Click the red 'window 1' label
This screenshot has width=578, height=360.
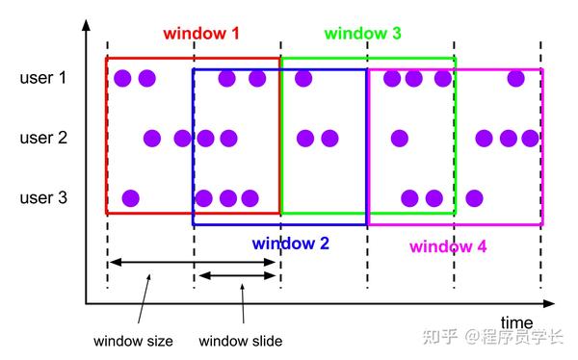tap(201, 33)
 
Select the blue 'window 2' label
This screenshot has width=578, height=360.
tap(291, 244)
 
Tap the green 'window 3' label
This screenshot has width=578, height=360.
tap(363, 33)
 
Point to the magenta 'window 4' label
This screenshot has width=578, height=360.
tap(448, 246)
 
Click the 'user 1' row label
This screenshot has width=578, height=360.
tap(43, 78)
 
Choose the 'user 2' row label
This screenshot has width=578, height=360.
tap(43, 138)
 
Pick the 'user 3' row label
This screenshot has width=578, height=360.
tap(43, 198)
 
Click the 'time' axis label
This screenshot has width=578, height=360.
tap(517, 321)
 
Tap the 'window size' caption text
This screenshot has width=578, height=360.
tap(134, 341)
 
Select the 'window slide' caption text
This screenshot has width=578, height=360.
tap(241, 341)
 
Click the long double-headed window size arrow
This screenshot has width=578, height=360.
tap(193, 261)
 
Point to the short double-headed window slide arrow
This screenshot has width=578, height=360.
tap(236, 276)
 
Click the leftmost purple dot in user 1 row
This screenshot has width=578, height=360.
tap(122, 78)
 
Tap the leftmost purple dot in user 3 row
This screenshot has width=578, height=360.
tap(130, 198)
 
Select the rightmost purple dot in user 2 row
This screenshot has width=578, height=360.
tap(530, 138)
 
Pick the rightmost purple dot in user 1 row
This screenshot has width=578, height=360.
tap(515, 78)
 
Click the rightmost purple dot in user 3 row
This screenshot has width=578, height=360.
tap(474, 198)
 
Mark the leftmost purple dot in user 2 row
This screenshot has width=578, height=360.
tap(152, 138)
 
